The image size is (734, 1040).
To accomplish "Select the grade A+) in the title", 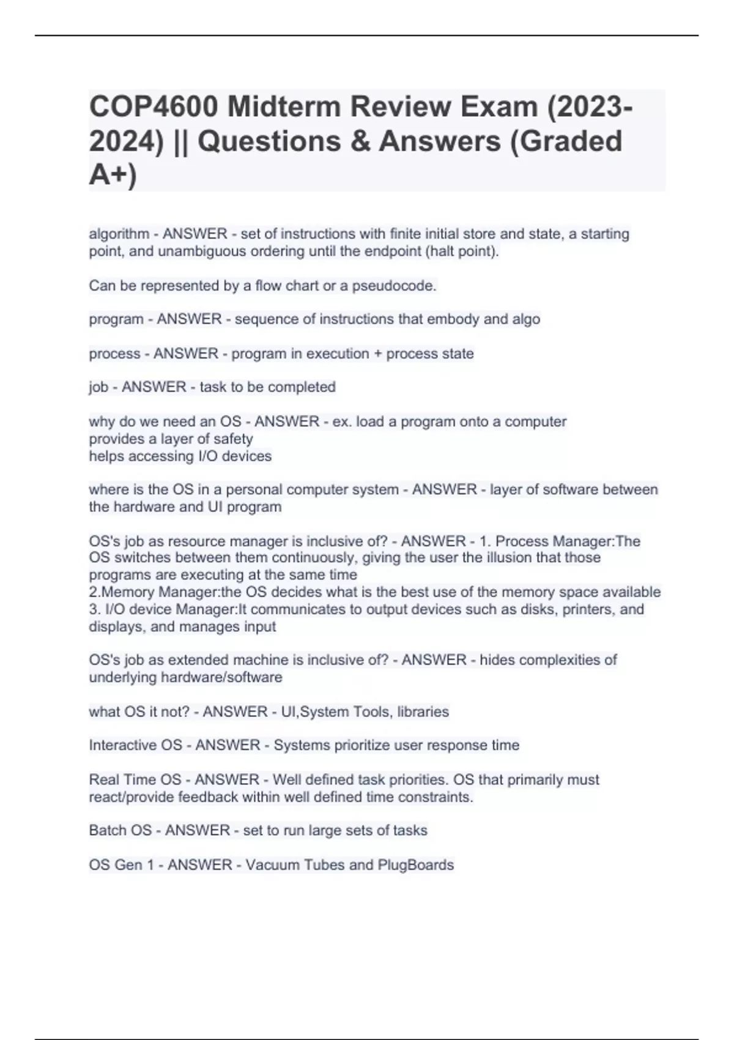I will [x=113, y=175].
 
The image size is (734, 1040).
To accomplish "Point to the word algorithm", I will [x=119, y=234].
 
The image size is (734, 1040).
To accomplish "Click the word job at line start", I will [x=98, y=387].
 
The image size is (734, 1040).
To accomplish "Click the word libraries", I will [x=423, y=711].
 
